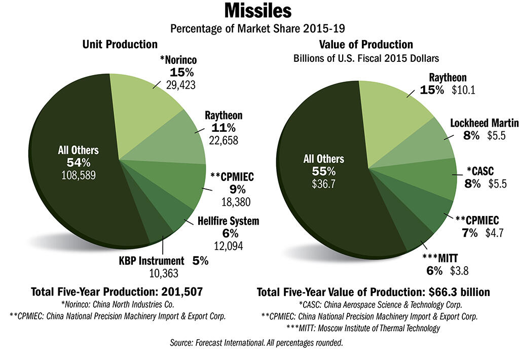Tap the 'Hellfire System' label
pos(228,221)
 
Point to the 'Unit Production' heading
pos(120,45)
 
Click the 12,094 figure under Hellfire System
pos(228,246)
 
